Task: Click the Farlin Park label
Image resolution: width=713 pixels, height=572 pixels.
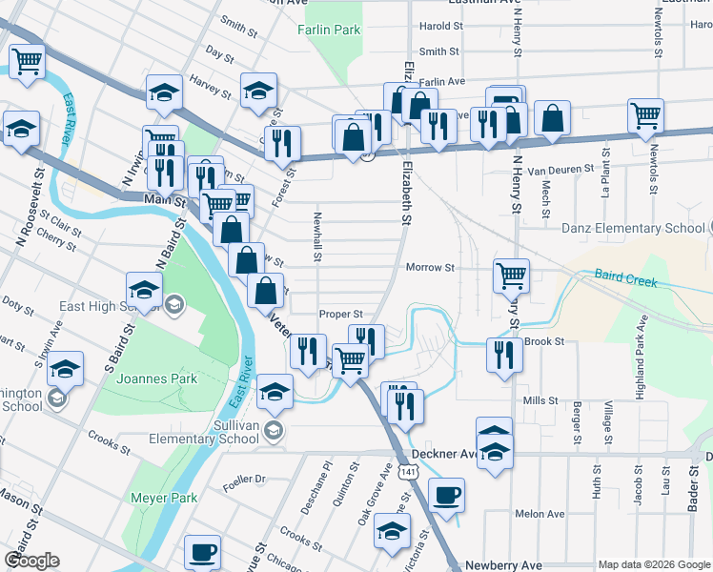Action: point(335,30)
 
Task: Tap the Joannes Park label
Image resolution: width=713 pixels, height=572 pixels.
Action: point(156,378)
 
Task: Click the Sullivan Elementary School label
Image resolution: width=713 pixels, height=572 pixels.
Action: point(204,431)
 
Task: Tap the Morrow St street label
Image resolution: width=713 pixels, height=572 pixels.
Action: point(431,268)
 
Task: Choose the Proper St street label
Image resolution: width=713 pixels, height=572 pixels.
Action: point(340,314)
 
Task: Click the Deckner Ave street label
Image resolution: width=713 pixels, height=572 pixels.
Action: point(443,455)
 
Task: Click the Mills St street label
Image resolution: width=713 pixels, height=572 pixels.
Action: point(540,401)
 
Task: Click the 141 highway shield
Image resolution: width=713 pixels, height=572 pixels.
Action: point(408,473)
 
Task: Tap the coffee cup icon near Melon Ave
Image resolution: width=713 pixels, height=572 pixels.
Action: point(445,496)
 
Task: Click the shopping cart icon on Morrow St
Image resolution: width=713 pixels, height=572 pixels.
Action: point(511,276)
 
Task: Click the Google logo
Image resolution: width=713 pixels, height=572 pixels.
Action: point(31,561)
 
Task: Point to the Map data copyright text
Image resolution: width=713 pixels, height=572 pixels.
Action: point(653,564)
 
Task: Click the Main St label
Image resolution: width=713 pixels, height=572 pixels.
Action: point(163,199)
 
